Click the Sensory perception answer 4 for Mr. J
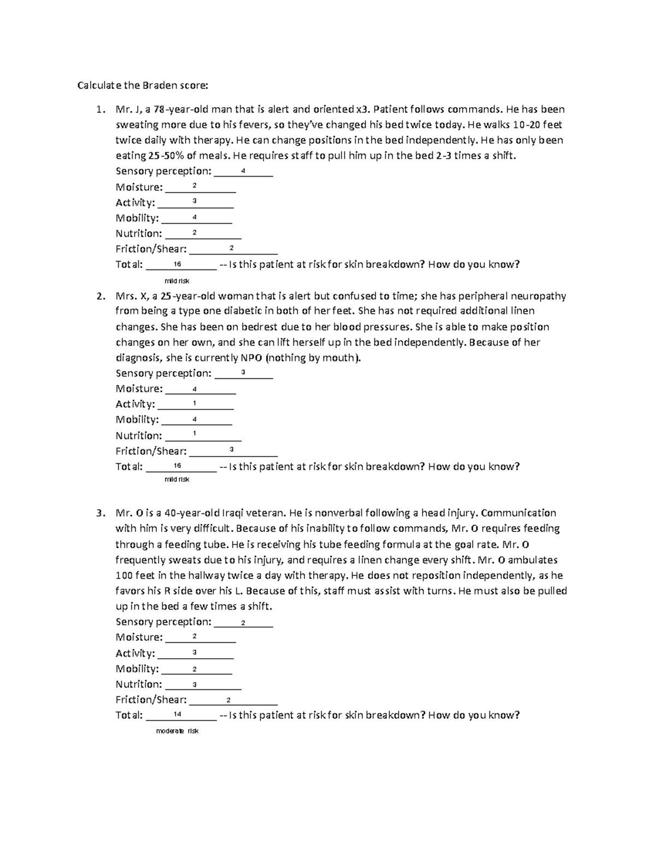click(243, 171)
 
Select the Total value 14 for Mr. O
click(177, 714)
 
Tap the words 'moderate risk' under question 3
click(177, 731)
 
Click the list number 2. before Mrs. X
click(100, 296)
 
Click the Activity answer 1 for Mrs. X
click(195, 403)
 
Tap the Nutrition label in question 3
click(138, 684)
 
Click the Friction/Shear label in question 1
click(151, 249)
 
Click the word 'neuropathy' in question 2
click(536, 296)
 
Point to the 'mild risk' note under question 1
click(177, 281)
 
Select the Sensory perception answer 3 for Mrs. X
click(243, 372)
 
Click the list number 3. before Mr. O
click(100, 513)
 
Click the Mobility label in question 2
click(137, 420)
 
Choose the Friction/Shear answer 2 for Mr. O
click(228, 700)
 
